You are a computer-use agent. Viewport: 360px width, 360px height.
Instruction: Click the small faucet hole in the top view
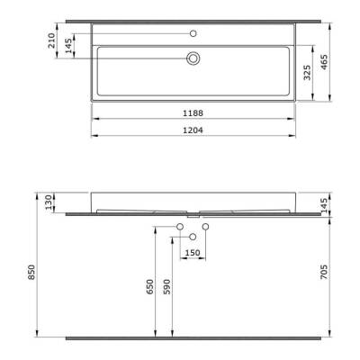(x=192, y=33)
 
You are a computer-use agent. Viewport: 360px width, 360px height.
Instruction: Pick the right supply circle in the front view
(x=205, y=225)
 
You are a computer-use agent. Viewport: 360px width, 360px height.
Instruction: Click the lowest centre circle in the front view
(x=193, y=236)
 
